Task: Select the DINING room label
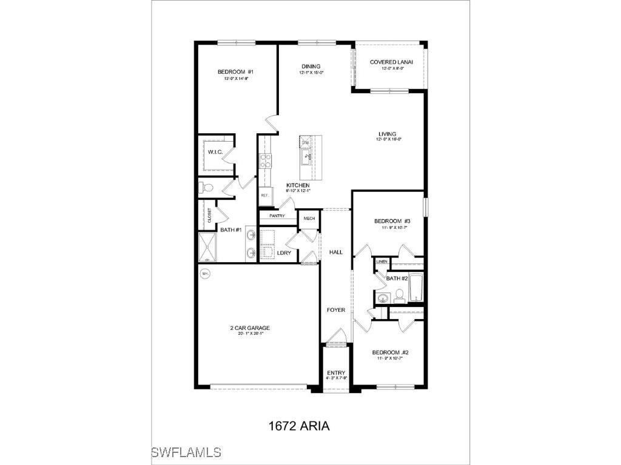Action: pyautogui.click(x=311, y=67)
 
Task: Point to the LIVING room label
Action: pyautogui.click(x=388, y=134)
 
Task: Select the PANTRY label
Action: pyautogui.click(x=276, y=216)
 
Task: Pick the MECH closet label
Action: pyautogui.click(x=309, y=219)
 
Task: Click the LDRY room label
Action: pyautogui.click(x=284, y=253)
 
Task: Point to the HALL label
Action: pyautogui.click(x=336, y=252)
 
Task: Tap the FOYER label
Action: pyautogui.click(x=336, y=310)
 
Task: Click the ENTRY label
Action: pyautogui.click(x=336, y=373)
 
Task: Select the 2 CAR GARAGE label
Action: pyautogui.click(x=250, y=328)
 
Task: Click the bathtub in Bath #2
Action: pyautogui.click(x=417, y=288)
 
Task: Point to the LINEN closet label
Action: pyautogui.click(x=381, y=262)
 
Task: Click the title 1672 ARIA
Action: pyautogui.click(x=299, y=426)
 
